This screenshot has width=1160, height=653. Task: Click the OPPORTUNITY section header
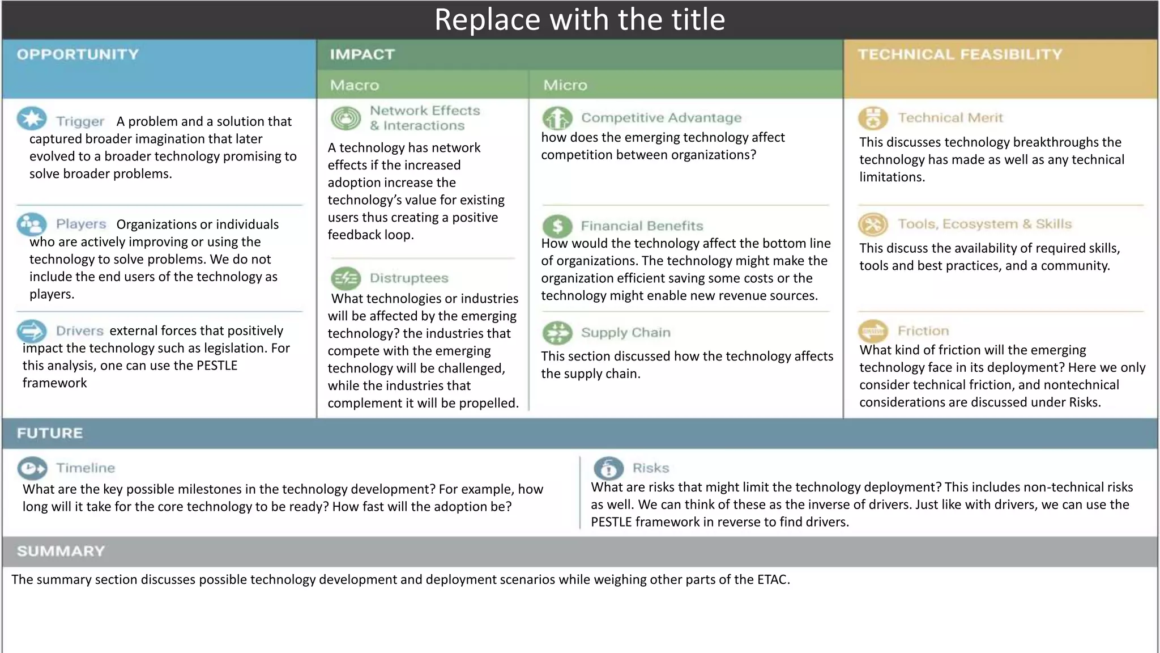[x=78, y=54]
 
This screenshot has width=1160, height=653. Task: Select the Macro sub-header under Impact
[x=355, y=85]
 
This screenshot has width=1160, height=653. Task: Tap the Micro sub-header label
[x=565, y=85]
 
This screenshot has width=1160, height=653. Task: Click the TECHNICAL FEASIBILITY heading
[x=960, y=54]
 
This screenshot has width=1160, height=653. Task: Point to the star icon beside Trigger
[x=32, y=119]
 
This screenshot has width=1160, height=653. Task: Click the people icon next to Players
[x=32, y=224]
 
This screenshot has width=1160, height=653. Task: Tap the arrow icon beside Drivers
[x=32, y=330]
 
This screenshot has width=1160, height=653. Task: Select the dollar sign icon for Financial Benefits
[x=557, y=226]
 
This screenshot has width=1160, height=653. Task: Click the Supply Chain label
[x=625, y=333]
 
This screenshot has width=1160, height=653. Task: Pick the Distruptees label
[x=409, y=278]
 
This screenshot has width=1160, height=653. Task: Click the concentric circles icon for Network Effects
[x=346, y=118]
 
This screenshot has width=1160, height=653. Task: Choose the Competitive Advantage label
[x=661, y=118]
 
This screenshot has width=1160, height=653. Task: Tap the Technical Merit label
[x=950, y=118]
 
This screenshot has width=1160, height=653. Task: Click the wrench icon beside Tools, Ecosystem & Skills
[x=873, y=224]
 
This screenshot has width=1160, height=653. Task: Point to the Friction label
[x=923, y=331]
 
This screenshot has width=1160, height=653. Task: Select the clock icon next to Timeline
[x=32, y=468]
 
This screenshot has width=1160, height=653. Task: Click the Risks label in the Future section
[x=651, y=468]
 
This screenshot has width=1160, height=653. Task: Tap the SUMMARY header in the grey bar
[x=61, y=552]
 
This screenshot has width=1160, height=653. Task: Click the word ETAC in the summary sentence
[x=773, y=580]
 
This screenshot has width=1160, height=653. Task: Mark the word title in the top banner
[x=698, y=20]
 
